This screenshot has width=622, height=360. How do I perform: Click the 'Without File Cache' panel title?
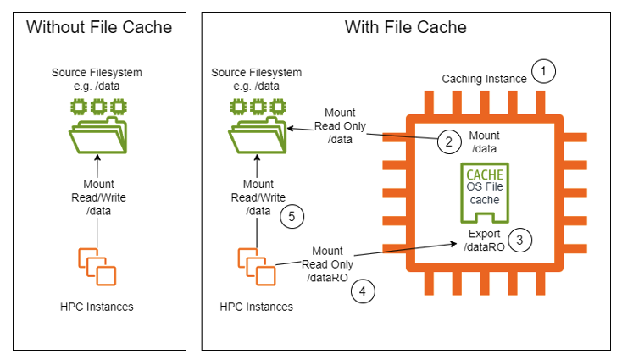click(98, 27)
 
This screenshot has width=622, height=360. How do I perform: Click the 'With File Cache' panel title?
click(405, 27)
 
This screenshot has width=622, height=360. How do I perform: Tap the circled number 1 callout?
click(542, 71)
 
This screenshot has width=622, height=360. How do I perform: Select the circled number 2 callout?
click(447, 141)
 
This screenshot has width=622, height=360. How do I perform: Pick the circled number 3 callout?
click(524, 240)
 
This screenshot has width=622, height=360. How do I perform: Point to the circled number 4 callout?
click(362, 291)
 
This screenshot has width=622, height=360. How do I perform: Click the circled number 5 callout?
click(292, 217)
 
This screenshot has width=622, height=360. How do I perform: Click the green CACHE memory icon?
click(484, 193)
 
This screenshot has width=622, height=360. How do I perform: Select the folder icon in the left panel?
click(98, 127)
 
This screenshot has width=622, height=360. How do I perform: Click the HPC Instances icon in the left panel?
click(97, 264)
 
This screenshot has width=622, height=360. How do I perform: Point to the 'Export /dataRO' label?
click(484, 240)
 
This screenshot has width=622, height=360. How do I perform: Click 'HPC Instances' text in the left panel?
click(98, 306)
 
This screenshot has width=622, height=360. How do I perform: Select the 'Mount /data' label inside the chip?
click(484, 141)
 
